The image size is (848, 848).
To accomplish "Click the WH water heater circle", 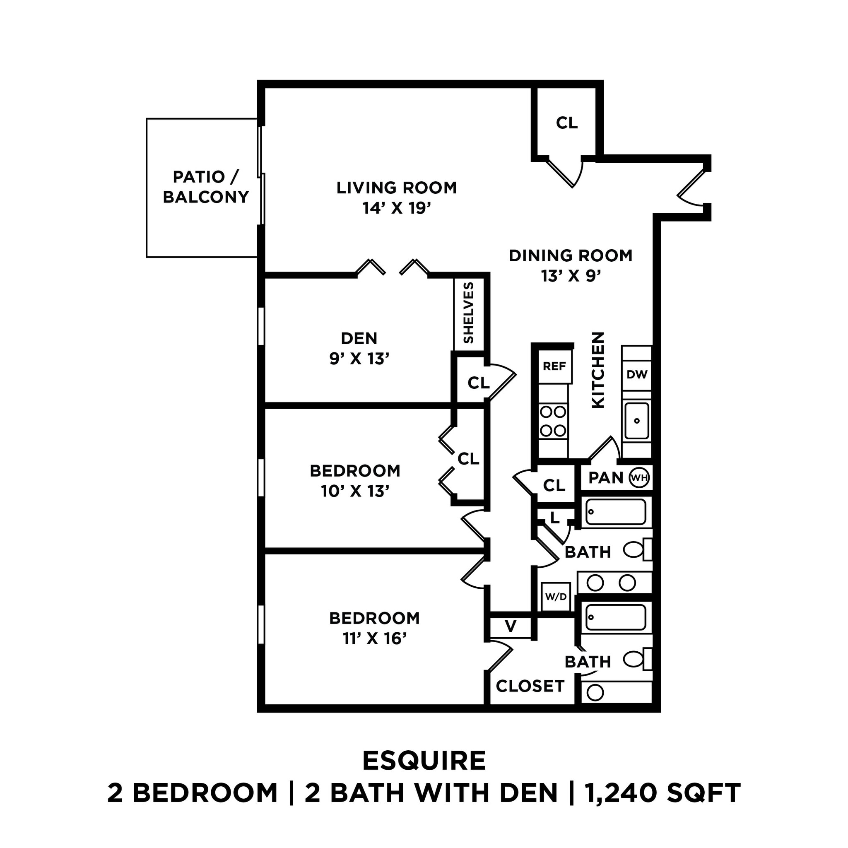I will (638, 477).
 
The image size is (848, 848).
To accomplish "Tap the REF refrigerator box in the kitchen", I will (554, 366).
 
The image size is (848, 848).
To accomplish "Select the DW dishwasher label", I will (637, 374).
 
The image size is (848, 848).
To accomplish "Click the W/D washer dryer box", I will (556, 597).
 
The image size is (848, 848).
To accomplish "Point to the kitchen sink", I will (637, 421).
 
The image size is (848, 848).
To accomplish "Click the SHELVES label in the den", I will (469, 313).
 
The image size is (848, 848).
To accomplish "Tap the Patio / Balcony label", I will (206, 187).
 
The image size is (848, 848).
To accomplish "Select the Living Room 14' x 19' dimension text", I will (397, 208).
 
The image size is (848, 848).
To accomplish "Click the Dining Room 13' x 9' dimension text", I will (571, 276).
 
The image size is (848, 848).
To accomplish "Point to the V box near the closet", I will (511, 626).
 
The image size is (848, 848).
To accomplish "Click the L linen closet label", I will (555, 518).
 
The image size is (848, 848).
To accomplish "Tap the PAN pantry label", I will (606, 477).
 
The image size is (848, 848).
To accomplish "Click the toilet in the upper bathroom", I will (634, 549).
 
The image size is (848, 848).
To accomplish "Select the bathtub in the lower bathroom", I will (616, 617).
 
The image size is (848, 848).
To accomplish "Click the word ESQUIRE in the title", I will (424, 761).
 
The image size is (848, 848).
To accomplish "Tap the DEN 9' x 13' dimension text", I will (359, 359).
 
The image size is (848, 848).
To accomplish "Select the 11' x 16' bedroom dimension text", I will (374, 638).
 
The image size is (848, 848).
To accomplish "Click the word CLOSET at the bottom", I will (530, 686).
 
